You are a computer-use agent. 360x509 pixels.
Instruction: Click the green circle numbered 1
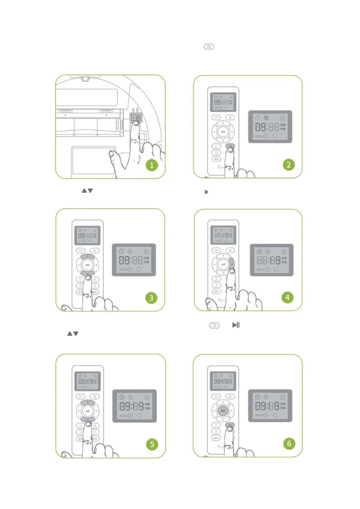(152, 165)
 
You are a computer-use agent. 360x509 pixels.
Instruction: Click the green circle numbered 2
(289, 165)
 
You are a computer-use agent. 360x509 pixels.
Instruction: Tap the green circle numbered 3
(151, 298)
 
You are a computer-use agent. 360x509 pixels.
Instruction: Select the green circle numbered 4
(287, 297)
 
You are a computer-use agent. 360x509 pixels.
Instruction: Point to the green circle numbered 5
(152, 444)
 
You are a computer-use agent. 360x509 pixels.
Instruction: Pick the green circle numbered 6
(289, 443)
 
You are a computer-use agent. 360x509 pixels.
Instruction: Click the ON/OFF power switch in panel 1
(136, 118)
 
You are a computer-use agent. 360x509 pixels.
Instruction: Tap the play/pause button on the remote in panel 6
(223, 411)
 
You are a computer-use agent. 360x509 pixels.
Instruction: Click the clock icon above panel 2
(209, 47)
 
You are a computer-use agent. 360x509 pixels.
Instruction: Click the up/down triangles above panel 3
(87, 191)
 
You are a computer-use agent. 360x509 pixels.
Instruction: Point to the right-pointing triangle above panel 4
(206, 192)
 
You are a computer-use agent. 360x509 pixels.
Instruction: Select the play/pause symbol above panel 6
(236, 325)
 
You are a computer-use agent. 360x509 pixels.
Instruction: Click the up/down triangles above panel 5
(73, 334)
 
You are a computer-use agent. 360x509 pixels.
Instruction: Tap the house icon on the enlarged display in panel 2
(283, 118)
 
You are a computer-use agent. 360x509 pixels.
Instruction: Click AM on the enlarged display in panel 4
(284, 258)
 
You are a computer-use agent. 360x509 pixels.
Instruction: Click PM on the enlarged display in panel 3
(147, 262)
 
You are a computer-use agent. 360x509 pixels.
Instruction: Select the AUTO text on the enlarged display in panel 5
(123, 416)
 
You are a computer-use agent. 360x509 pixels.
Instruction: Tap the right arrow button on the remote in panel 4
(232, 264)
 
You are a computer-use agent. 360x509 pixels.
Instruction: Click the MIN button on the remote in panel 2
(216, 159)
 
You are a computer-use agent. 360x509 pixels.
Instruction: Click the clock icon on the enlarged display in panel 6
(258, 397)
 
